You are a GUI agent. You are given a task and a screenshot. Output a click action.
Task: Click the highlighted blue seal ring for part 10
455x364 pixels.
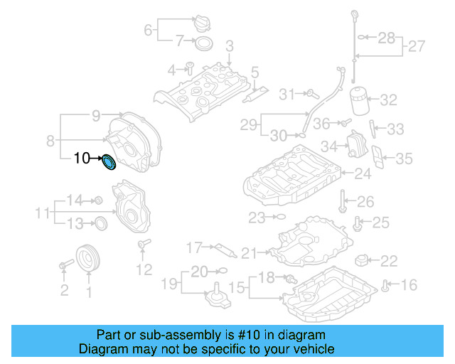click(x=109, y=163)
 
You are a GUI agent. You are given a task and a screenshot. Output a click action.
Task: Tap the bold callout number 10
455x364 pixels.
click(x=82, y=159)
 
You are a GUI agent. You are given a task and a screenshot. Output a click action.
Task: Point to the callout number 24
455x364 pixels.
click(x=363, y=173)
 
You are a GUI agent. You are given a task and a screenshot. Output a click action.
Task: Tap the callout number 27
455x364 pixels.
click(x=417, y=48)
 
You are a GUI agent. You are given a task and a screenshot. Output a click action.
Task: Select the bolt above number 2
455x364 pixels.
click(x=65, y=265)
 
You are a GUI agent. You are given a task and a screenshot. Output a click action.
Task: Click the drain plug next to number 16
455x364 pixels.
click(x=386, y=286)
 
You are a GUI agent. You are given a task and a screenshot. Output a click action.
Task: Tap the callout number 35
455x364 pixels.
click(x=404, y=159)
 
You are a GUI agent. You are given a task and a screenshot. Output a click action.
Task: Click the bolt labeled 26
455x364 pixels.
click(x=343, y=200)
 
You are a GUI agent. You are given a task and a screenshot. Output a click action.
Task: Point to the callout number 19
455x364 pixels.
click(x=168, y=285)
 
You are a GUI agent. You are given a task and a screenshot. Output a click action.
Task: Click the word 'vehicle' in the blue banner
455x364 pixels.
click(x=314, y=349)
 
